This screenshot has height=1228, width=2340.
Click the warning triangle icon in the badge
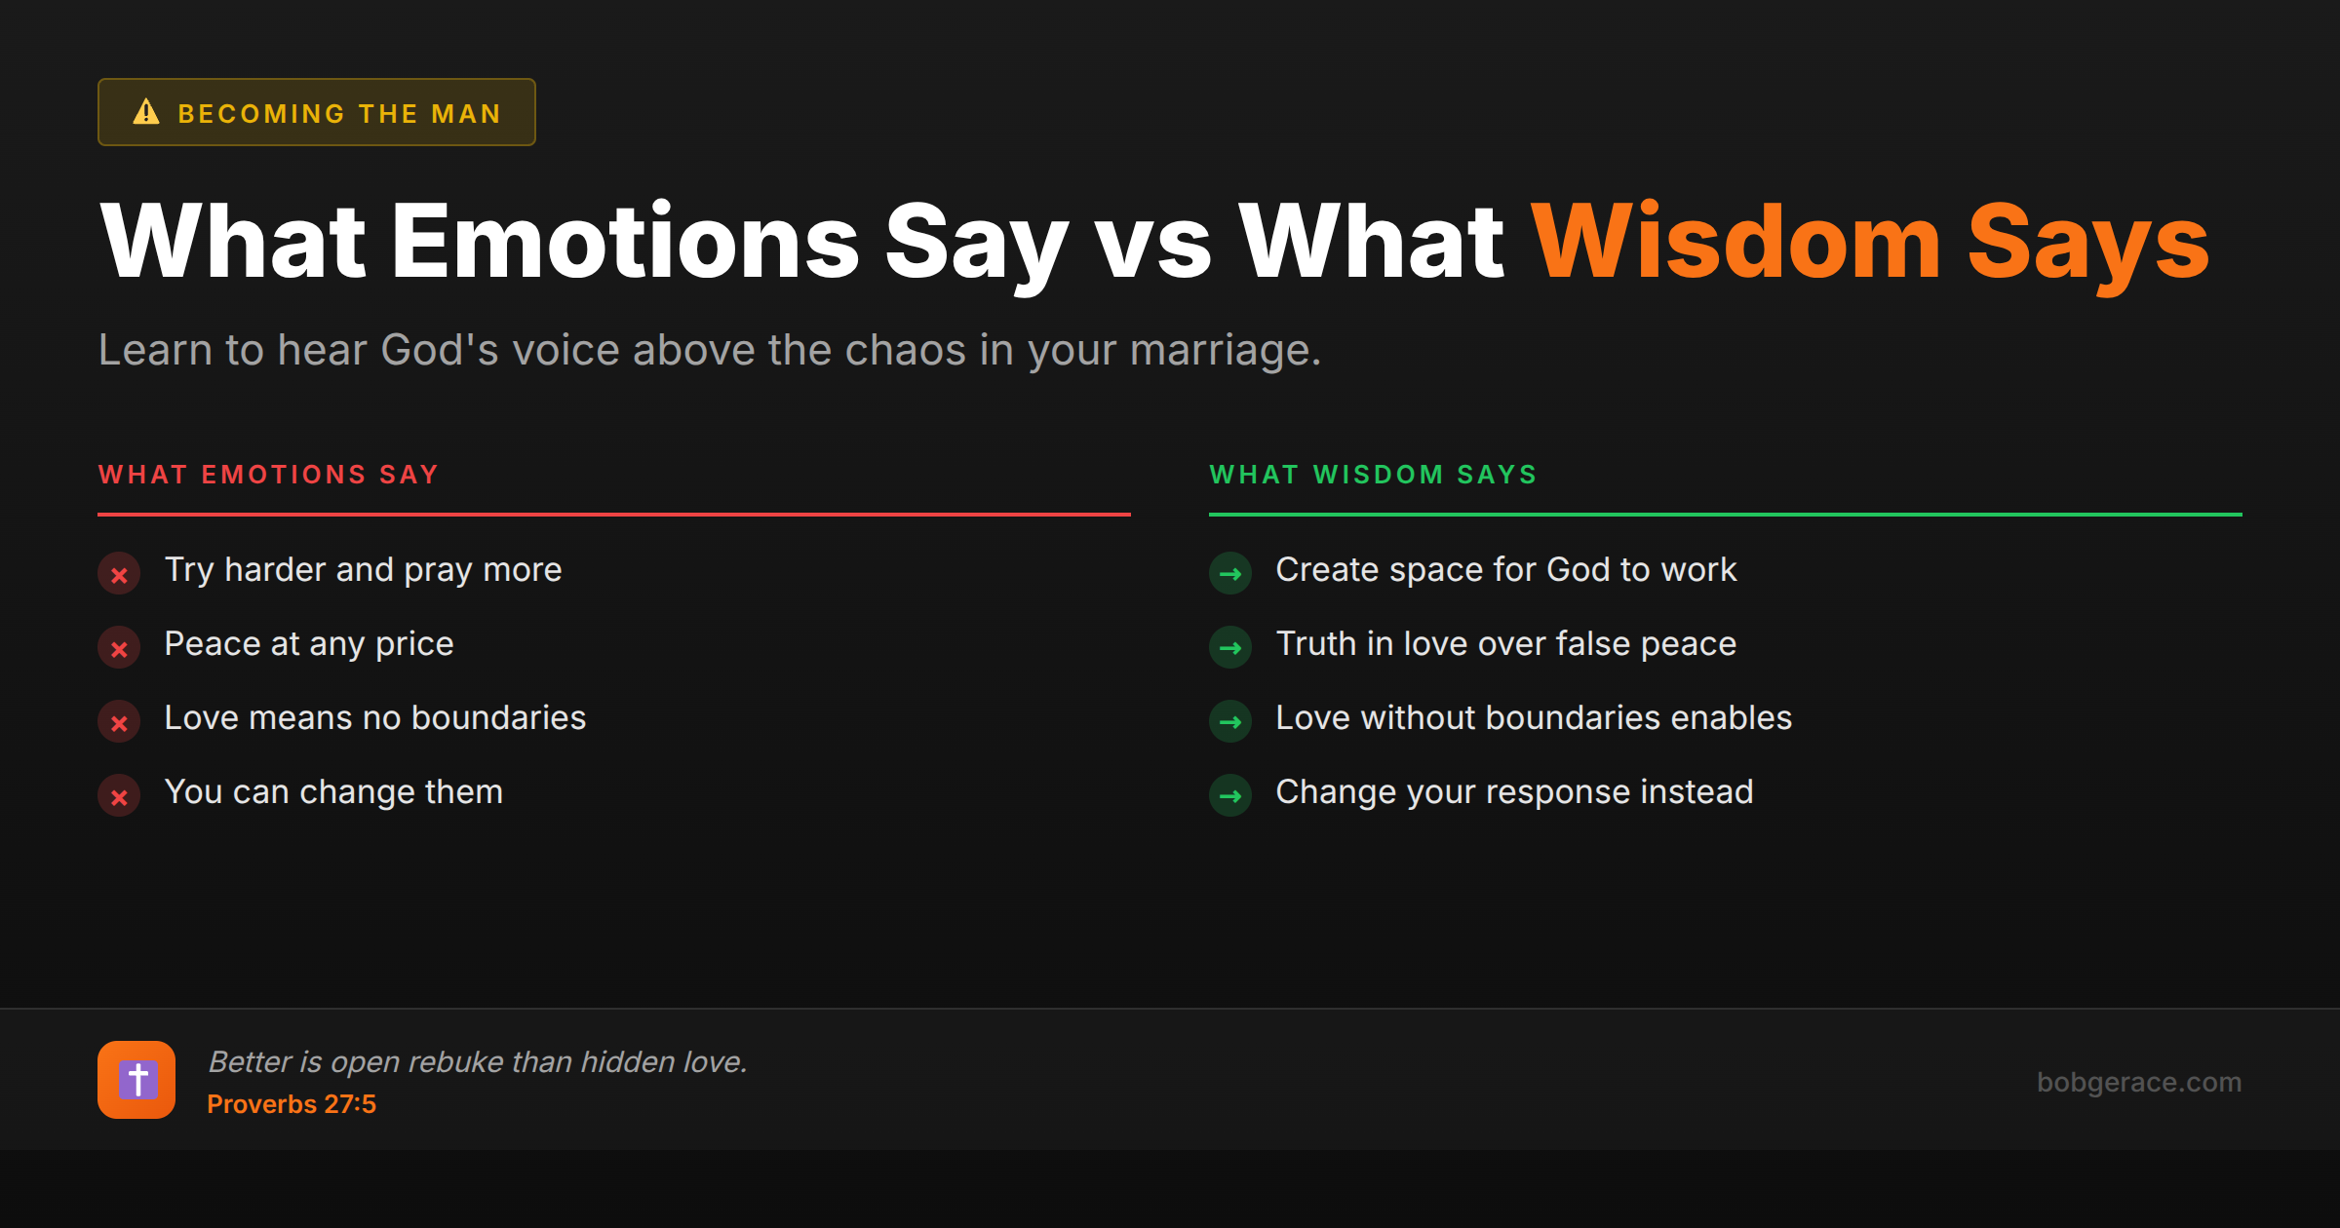tap(146, 112)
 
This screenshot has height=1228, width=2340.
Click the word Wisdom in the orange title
tap(1735, 243)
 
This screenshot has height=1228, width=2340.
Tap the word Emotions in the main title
tap(625, 243)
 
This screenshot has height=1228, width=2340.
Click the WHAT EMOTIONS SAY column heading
tap(268, 475)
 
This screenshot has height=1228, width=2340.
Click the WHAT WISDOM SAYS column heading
tap(1373, 475)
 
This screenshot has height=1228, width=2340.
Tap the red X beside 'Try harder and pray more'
tap(119, 575)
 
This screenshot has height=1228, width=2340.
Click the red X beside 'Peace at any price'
tap(119, 649)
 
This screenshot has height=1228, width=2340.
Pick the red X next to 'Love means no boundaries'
tap(119, 723)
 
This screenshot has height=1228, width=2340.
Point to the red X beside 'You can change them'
tap(119, 797)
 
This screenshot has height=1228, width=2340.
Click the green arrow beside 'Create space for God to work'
tap(1230, 574)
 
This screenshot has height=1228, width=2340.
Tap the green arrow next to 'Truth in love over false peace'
tap(1230, 648)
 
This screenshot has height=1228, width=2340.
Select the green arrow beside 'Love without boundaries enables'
tap(1230, 722)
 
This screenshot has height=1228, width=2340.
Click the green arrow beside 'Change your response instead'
tap(1230, 796)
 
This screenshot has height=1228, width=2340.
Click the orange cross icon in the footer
tap(136, 1080)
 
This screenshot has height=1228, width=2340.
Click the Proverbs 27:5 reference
tap(292, 1104)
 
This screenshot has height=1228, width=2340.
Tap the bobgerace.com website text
tap(2138, 1082)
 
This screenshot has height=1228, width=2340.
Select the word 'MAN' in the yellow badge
tap(466, 114)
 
